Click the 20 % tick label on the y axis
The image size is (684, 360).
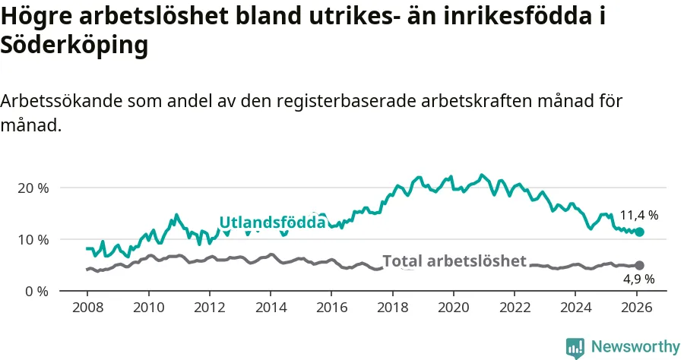click(x=33, y=188)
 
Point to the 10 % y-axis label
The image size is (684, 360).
click(x=33, y=239)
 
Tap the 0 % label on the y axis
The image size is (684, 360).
click(x=36, y=291)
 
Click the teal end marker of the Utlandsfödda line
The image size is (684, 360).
click(x=640, y=232)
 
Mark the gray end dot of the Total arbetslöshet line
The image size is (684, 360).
click(x=640, y=265)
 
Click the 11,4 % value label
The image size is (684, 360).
click(x=638, y=215)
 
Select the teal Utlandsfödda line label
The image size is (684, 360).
click(x=272, y=223)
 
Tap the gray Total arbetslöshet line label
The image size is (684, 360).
click(x=454, y=261)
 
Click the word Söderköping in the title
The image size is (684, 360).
click(x=74, y=46)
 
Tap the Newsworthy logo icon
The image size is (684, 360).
click(x=575, y=347)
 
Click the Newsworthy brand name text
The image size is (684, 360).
click(x=635, y=347)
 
